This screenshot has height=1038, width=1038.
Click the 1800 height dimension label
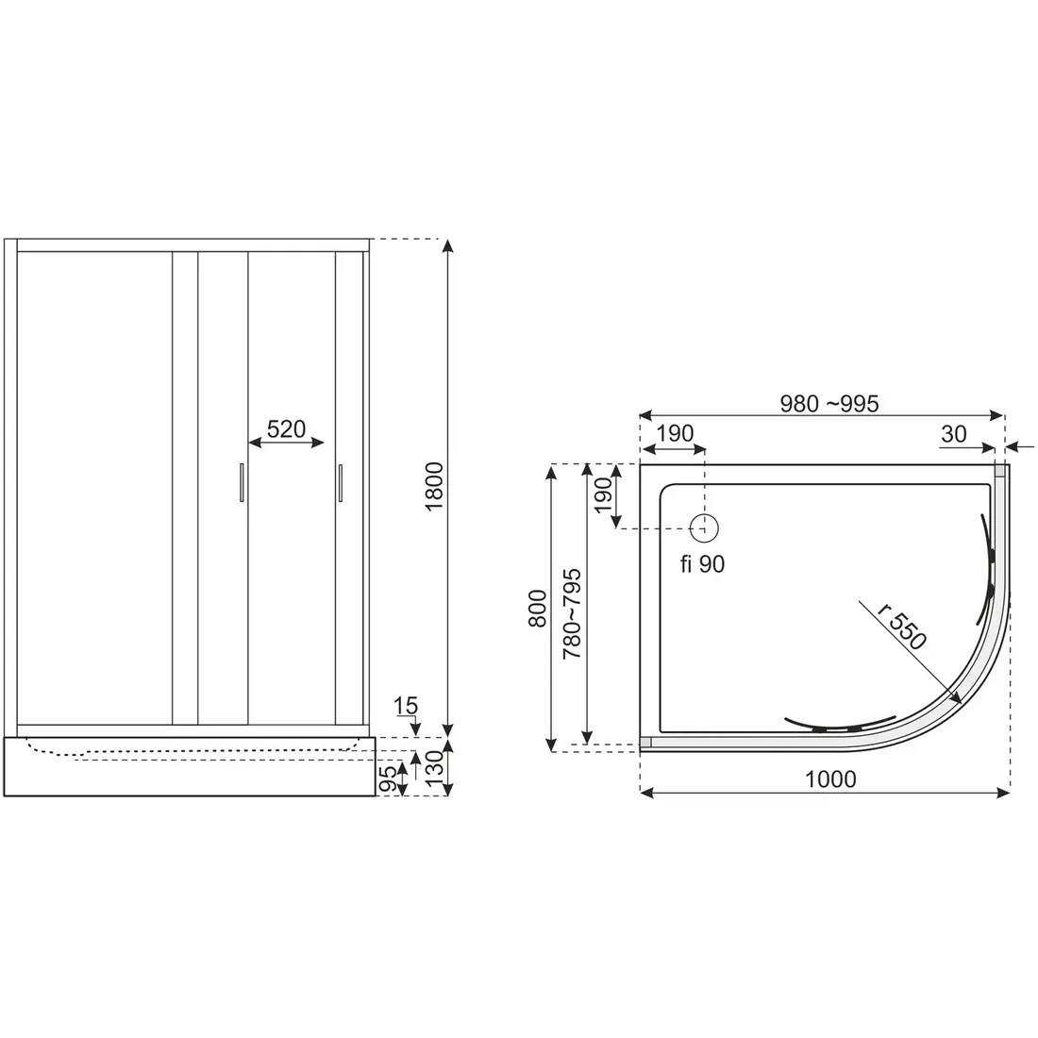tap(434, 487)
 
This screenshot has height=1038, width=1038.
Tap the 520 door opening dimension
tap(286, 429)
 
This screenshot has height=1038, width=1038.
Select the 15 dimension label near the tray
tap(405, 706)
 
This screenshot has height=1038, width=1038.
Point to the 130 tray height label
tap(434, 767)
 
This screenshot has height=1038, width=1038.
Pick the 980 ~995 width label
tap(829, 403)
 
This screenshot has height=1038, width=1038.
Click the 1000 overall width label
tap(830, 779)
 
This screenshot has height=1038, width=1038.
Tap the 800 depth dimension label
tap(538, 609)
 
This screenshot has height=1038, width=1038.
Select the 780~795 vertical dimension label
tap(571, 613)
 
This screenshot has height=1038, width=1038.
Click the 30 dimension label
tap(953, 434)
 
